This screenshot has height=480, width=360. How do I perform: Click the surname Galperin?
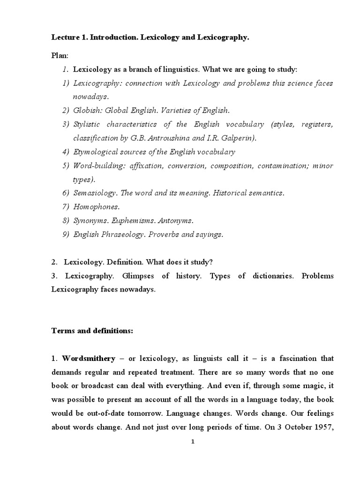[x=237, y=138]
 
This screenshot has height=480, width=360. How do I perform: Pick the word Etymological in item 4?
[x=95, y=152]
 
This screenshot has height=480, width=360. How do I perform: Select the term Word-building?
[x=96, y=165]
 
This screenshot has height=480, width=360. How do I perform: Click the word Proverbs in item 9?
[x=164, y=234]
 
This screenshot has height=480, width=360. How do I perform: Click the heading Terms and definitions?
[x=92, y=331]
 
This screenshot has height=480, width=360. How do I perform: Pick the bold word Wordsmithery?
[x=89, y=359]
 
